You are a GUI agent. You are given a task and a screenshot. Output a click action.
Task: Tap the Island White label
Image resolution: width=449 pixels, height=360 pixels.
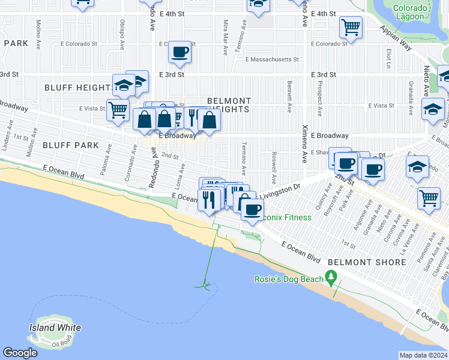[x=55, y=328]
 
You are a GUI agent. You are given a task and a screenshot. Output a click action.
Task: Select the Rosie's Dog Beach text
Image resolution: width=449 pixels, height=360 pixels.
[x=289, y=278]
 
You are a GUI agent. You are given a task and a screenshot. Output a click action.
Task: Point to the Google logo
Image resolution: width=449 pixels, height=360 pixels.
[x=20, y=353]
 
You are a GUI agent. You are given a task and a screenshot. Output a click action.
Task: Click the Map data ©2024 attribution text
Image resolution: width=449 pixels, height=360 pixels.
[x=423, y=355]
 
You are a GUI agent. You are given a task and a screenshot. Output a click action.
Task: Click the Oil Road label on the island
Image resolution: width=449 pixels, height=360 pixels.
[x=61, y=344]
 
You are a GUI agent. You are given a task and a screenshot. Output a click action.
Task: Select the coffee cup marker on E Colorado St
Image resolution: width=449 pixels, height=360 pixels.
[x=179, y=52]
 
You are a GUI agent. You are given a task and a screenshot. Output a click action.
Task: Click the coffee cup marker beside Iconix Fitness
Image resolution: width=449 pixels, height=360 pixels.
[x=252, y=210]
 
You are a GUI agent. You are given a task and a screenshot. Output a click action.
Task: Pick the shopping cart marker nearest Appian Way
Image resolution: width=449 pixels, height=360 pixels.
[x=350, y=26]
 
